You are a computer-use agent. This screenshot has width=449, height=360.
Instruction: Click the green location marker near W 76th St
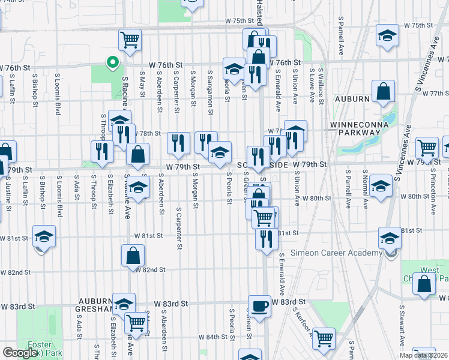(111, 62)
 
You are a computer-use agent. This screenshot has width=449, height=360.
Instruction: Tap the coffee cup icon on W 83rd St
(260, 306)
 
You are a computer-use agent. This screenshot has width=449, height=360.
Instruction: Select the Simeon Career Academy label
(336, 253)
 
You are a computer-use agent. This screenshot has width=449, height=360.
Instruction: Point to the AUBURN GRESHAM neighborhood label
(95, 305)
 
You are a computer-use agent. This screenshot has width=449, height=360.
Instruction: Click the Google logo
(20, 353)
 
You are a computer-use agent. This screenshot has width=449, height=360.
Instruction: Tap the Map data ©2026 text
(423, 355)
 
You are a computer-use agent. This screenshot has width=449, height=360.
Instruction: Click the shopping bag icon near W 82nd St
(133, 256)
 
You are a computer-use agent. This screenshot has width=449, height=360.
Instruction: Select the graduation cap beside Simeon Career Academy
(390, 240)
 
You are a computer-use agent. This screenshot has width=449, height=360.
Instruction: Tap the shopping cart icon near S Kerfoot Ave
(324, 338)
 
